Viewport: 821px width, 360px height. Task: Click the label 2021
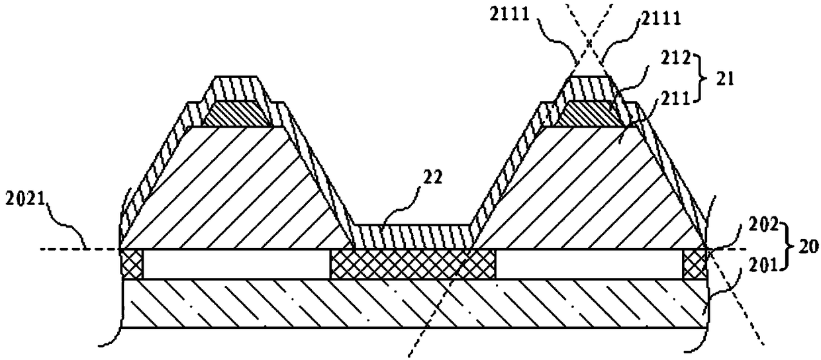pos(24,201)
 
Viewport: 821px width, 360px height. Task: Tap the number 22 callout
pos(433,177)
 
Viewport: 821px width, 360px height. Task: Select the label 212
pos(675,58)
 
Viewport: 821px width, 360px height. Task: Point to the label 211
pos(675,99)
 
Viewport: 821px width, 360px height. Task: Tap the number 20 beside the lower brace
pos(808,247)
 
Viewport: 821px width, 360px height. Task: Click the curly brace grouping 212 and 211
pos(700,77)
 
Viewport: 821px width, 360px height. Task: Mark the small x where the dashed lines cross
pos(589,43)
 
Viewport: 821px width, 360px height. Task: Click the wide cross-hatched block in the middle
pos(412,264)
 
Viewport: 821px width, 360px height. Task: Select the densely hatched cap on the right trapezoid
pos(589,114)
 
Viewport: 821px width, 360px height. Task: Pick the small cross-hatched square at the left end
pos(132,264)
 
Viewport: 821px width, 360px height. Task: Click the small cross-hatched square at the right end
pos(694,264)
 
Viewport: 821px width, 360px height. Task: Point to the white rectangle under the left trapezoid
pos(236,264)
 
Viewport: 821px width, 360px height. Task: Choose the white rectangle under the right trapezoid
pos(589,264)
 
